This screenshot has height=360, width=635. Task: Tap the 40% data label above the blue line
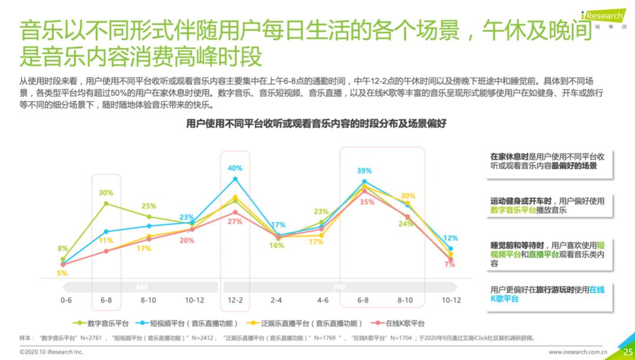click(235, 168)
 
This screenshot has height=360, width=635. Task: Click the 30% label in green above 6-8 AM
click(106, 193)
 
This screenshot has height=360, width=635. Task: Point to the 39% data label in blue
click(364, 171)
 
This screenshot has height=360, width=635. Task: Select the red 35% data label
click(367, 202)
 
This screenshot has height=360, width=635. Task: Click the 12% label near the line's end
click(450, 238)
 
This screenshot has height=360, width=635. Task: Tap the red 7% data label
click(450, 265)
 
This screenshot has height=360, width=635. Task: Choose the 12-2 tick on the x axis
click(235, 301)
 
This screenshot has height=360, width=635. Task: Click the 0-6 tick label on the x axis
click(66, 301)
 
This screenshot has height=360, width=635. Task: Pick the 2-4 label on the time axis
click(276, 301)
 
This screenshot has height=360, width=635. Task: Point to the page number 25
click(626, 352)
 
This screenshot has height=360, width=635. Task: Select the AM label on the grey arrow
click(141, 287)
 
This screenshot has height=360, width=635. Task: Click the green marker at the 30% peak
click(106, 204)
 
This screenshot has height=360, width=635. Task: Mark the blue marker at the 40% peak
click(235, 179)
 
